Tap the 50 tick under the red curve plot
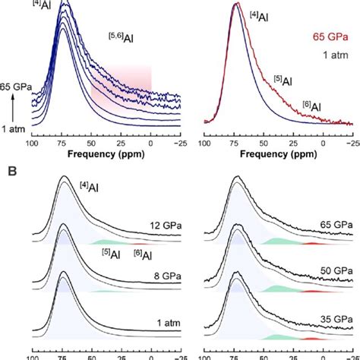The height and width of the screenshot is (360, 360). (x=264, y=143)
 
